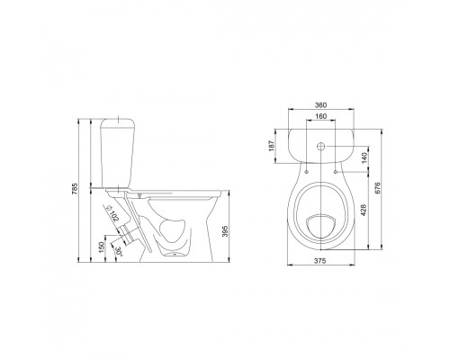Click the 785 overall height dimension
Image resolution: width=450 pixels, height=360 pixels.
pyautogui.click(x=75, y=189)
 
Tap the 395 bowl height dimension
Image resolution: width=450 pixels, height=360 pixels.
pyautogui.click(x=226, y=231)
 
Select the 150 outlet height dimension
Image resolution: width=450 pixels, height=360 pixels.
pyautogui.click(x=102, y=247)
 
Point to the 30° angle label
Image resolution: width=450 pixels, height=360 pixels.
pyautogui.click(x=118, y=251)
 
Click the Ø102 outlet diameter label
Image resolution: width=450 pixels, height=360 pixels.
pyautogui.click(x=112, y=213)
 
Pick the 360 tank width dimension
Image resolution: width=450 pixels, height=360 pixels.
pyautogui.click(x=320, y=105)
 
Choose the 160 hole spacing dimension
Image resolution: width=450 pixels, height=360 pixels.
pyautogui.click(x=320, y=116)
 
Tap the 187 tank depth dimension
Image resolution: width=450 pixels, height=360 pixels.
pyautogui.click(x=272, y=146)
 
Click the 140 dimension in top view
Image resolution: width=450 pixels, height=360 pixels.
pyautogui.click(x=364, y=157)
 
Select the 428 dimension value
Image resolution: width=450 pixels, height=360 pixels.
pyautogui.click(x=363, y=211)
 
